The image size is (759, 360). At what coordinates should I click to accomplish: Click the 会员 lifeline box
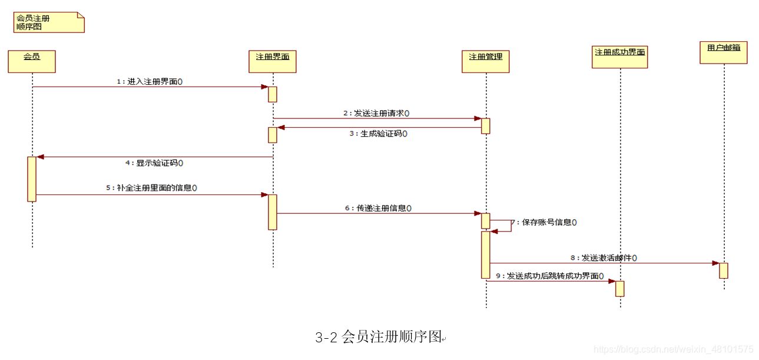[32, 61]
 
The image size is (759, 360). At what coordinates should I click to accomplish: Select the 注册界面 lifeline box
[273, 61]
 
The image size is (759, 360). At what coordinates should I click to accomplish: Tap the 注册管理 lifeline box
[486, 61]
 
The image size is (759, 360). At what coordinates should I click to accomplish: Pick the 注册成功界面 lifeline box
[620, 57]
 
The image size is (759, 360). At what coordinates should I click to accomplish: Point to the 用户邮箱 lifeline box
[724, 52]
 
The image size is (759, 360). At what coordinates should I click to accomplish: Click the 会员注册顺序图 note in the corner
[49, 22]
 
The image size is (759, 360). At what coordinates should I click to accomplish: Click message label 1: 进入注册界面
[150, 82]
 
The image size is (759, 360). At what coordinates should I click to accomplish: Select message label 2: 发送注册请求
[377, 113]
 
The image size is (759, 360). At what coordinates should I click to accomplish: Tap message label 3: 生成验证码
[378, 134]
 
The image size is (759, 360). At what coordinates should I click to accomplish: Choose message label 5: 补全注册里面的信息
[151, 188]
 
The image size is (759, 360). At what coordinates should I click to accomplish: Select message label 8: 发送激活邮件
[604, 258]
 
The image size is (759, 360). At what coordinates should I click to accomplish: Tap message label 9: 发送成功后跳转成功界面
[550, 276]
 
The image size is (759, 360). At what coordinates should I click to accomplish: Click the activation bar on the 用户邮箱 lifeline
[724, 270]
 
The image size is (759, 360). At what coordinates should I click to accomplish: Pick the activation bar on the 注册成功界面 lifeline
[619, 289]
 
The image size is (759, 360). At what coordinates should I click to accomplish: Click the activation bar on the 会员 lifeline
[32, 179]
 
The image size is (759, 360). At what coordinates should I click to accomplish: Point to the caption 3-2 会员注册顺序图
[380, 337]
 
